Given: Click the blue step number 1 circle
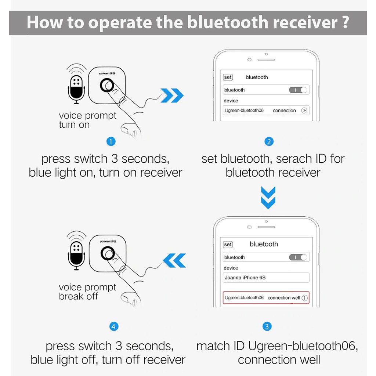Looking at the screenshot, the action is tap(111, 141).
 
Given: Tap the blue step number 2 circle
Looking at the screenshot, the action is tap(269, 141).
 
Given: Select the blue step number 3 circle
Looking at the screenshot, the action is tap(267, 326).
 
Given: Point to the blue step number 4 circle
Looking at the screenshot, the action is tap(114, 326).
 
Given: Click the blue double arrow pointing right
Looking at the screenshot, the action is tap(172, 95).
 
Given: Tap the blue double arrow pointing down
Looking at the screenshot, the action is tap(268, 198).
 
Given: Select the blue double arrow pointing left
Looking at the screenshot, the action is tap(174, 260).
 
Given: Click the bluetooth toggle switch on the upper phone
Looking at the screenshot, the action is tap(298, 90).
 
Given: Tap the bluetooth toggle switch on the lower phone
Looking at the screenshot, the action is tap(298, 257).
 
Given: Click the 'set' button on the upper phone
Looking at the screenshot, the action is tap(228, 77).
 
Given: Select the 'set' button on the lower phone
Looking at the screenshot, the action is tap(228, 244).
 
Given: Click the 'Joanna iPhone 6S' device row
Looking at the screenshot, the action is tap(266, 278).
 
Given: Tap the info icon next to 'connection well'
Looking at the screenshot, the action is tap(304, 298).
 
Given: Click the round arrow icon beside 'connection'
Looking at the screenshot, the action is tap(304, 110).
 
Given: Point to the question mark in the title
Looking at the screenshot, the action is tap(345, 22).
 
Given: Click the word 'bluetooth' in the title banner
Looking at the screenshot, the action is tap(228, 22).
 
